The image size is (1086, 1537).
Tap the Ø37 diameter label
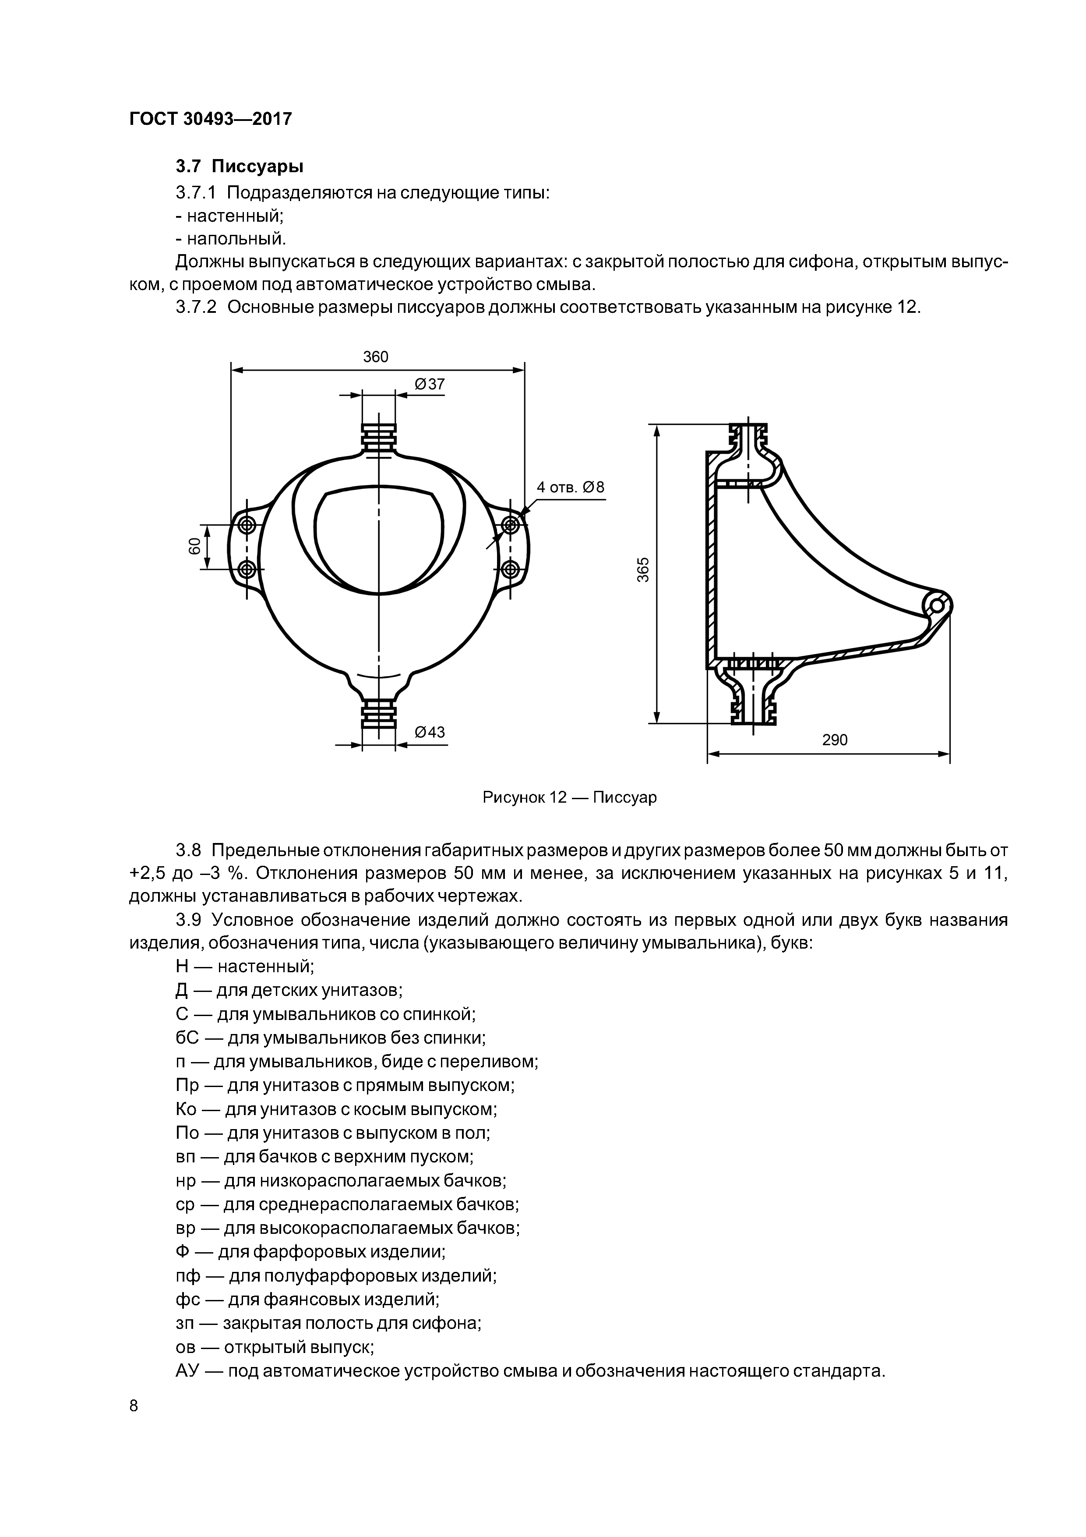[430, 384]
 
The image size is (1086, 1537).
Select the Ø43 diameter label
[430, 732]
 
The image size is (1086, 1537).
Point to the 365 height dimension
[643, 570]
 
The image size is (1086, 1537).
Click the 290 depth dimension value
[834, 740]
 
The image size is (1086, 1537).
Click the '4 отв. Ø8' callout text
[570, 487]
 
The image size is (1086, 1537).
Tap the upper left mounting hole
[246, 524]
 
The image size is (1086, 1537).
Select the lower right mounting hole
[511, 569]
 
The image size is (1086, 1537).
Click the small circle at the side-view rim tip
[936, 606]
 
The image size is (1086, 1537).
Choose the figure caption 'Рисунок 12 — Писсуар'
[569, 797]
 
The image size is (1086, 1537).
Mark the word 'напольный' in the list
[236, 238]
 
